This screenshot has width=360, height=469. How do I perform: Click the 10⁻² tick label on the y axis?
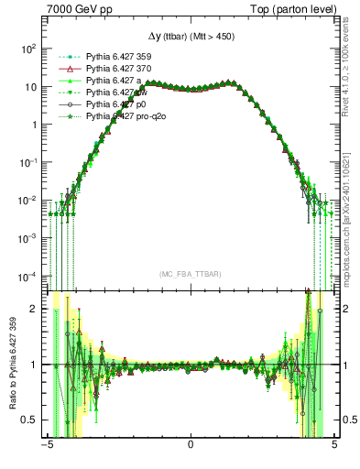click(31, 200)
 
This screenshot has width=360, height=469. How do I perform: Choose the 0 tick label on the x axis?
click(191, 449)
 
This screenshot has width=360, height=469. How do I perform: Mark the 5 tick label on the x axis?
click(334, 449)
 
